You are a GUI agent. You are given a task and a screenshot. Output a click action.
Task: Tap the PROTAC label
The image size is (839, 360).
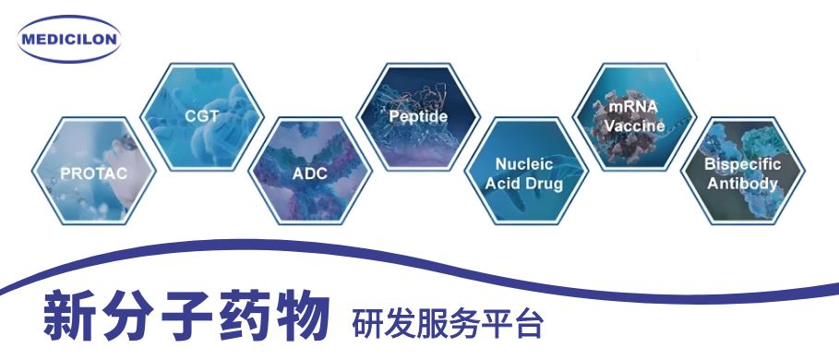[93, 173]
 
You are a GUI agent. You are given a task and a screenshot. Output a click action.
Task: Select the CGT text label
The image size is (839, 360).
[201, 116]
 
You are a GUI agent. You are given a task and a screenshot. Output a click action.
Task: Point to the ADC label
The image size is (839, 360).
[309, 174]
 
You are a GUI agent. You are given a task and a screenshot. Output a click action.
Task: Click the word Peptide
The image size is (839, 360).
[417, 116]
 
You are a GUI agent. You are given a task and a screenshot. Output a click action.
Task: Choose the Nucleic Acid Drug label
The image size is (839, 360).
[524, 174]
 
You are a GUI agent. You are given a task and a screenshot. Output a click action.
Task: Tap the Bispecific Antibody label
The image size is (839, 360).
[741, 174]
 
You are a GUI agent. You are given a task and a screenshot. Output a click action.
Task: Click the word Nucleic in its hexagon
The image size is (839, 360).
[524, 164]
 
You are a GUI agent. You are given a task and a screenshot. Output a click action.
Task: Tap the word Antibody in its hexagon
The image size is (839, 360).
[741, 183]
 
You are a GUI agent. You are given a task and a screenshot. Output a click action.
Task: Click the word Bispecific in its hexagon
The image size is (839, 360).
[741, 164]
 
